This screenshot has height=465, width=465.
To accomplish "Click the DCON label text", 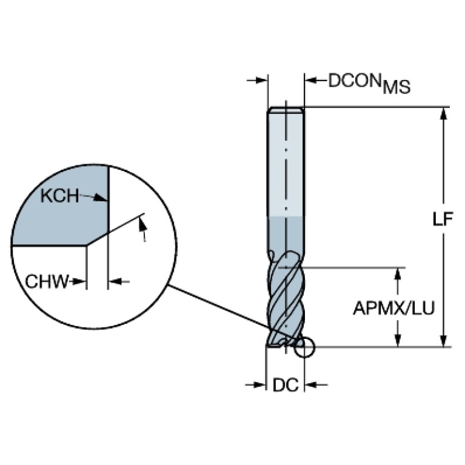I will point(355,81).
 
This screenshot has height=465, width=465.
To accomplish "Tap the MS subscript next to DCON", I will point(396,88).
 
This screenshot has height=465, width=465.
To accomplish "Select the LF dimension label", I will point(443,219).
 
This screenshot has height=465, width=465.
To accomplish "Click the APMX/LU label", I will point(394,309).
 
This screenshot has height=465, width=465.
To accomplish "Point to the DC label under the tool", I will point(285,385).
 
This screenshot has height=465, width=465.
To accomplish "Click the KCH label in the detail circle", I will point(59,195).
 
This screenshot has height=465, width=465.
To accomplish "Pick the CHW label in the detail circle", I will point(47,281).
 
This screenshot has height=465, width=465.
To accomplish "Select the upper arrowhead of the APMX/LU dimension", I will point(398,273).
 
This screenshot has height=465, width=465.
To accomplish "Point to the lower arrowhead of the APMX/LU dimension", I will point(398,341).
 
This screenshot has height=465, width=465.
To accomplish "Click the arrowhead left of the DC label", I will point(260,384).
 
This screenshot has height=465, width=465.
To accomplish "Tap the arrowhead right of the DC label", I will point(311,384).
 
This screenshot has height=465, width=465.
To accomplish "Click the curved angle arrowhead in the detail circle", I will point(142,224).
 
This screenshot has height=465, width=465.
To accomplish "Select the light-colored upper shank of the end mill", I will point(286,161).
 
